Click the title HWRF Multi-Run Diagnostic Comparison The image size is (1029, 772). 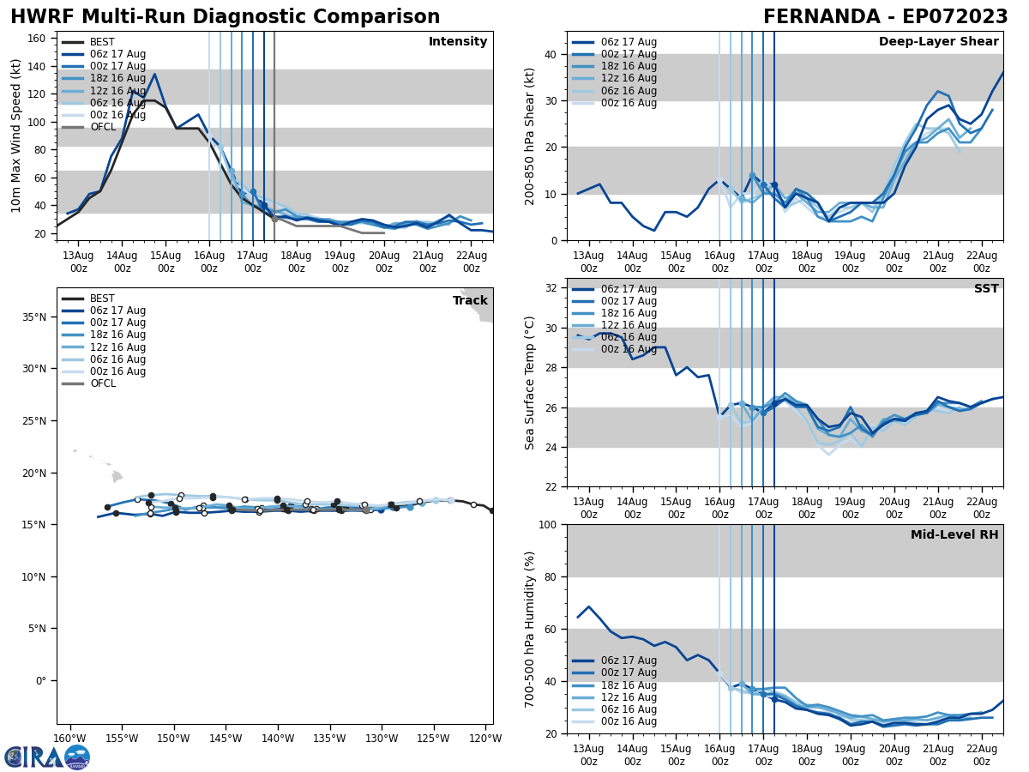point(225,17)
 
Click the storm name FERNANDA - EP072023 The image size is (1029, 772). point(885,17)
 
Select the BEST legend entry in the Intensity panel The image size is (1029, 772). point(101,42)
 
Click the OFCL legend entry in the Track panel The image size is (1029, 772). point(102,383)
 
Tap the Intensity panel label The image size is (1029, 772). point(458,42)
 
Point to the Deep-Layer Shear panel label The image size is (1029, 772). point(938,42)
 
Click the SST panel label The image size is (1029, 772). point(985,289)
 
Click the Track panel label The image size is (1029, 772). point(470,300)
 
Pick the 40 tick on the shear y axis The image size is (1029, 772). point(551,54)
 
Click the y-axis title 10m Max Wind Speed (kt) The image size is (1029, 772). point(15,136)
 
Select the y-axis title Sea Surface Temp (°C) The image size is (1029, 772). point(530,383)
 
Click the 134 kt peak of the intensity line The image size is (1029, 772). point(154,74)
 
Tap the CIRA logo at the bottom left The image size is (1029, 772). point(47,757)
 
